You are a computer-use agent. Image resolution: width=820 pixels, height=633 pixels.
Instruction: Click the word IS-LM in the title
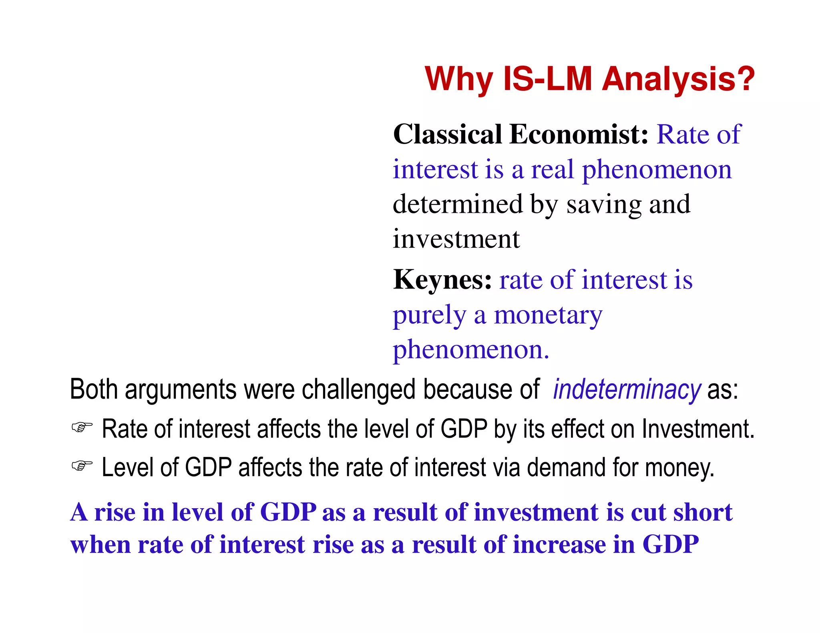(x=547, y=79)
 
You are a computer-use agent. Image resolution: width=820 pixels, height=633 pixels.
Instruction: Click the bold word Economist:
(x=579, y=134)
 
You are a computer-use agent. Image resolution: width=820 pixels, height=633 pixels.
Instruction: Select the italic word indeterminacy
(x=627, y=389)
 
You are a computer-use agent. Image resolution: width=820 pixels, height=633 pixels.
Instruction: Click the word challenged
(x=358, y=389)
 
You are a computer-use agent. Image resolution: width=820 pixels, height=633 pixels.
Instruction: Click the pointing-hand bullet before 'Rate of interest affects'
(x=82, y=427)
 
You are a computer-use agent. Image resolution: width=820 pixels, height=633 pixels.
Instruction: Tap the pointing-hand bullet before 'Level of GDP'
(x=82, y=466)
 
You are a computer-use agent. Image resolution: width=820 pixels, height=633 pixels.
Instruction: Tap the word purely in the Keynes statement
(x=429, y=316)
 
